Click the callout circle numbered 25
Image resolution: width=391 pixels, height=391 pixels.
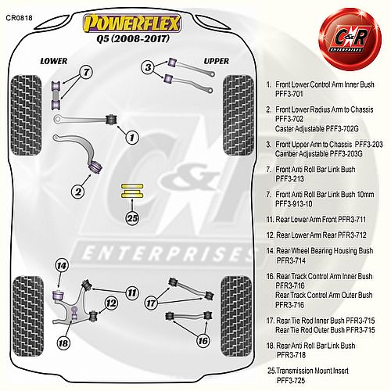(x=132, y=218)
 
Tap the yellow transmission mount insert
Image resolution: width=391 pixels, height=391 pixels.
(x=132, y=191)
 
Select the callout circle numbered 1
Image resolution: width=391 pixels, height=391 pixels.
(x=131, y=137)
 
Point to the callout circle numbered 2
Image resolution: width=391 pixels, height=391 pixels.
(x=78, y=192)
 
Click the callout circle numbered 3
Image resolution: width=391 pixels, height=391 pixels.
(x=148, y=67)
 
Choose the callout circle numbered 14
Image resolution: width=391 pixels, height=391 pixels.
(x=62, y=266)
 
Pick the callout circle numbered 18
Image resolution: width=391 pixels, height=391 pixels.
(x=63, y=343)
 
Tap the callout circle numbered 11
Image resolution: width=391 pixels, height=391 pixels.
(x=132, y=292)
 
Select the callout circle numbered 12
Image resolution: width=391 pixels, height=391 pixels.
(x=111, y=303)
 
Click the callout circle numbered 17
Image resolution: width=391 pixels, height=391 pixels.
(x=151, y=303)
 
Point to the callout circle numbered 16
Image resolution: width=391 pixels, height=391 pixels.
(x=203, y=340)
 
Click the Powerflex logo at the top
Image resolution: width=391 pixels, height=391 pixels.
(x=132, y=23)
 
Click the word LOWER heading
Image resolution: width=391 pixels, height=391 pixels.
(x=54, y=61)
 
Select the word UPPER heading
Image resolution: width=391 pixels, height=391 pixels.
(x=217, y=61)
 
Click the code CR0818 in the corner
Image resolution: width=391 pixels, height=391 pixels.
(x=19, y=18)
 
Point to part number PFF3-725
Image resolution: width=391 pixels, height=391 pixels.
(x=291, y=380)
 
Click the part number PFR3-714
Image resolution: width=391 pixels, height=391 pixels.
(x=291, y=260)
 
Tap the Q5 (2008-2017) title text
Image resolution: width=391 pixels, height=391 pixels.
(x=133, y=39)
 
